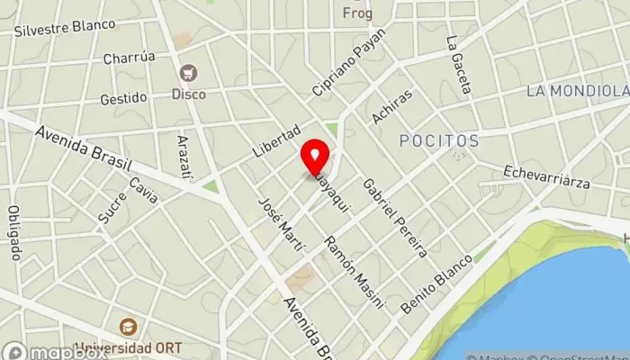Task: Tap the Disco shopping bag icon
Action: coord(189,73)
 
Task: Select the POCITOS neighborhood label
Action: coord(439,141)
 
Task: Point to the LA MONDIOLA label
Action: coord(576,91)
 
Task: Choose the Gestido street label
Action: coord(123,98)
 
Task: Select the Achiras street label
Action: coord(391,107)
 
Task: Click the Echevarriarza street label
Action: coord(547,177)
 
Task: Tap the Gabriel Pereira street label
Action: coord(393,217)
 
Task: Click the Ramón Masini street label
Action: coord(354,272)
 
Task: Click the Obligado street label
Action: coord(14,232)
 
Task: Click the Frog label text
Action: coord(357,13)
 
